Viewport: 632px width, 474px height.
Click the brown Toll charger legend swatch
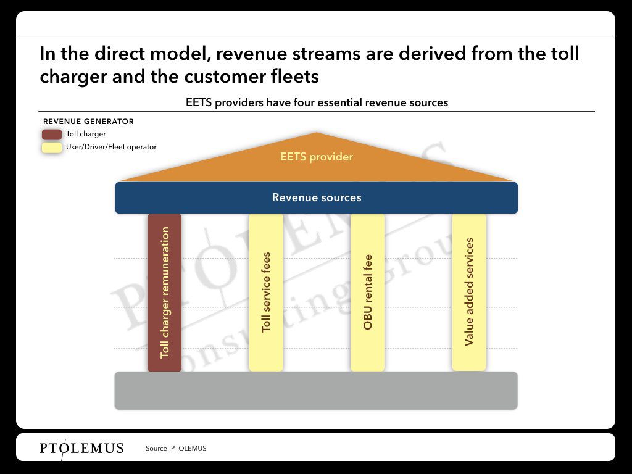click(x=52, y=134)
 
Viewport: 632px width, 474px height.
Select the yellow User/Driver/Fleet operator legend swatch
click(x=52, y=148)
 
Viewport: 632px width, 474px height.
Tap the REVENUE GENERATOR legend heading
click(x=88, y=122)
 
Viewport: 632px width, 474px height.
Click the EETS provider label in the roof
click(x=317, y=157)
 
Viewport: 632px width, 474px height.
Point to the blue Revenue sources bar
click(x=317, y=197)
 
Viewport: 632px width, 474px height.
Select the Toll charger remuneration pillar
click(x=164, y=293)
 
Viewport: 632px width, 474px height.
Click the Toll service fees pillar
click(x=266, y=293)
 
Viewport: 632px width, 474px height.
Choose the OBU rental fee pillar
click(x=368, y=293)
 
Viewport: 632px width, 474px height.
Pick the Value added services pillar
click(x=469, y=292)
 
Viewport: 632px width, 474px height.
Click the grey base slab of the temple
click(x=316, y=391)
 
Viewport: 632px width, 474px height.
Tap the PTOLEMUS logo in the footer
click(x=81, y=448)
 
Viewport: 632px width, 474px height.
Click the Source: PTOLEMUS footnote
click(x=176, y=448)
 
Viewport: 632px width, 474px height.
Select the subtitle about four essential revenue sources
click(x=317, y=102)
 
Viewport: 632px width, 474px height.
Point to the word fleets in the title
click(x=295, y=77)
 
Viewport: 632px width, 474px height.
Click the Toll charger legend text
click(x=86, y=134)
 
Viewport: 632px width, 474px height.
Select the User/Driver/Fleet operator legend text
click(x=111, y=147)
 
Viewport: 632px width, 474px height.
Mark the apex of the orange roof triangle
click(x=317, y=133)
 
